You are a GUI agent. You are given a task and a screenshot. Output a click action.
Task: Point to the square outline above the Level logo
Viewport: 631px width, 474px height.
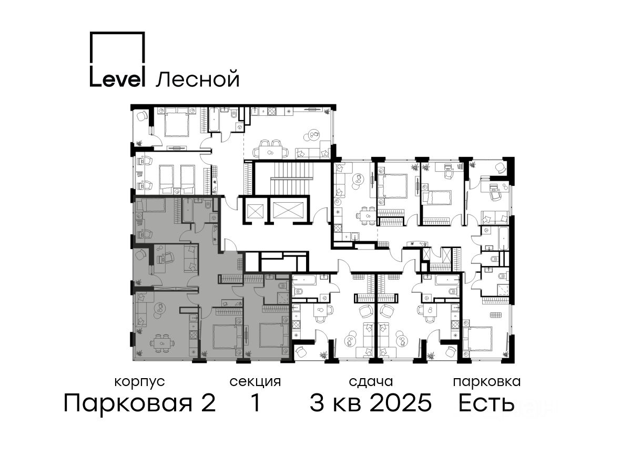(x=117, y=47)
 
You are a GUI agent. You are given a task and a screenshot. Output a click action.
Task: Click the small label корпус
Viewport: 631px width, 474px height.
(x=139, y=382)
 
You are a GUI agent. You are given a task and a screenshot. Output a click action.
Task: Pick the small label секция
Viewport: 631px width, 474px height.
(x=255, y=382)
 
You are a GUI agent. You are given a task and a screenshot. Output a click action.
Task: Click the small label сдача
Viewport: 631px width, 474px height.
(x=371, y=382)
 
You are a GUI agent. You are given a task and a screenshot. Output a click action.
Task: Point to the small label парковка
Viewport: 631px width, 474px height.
(x=487, y=382)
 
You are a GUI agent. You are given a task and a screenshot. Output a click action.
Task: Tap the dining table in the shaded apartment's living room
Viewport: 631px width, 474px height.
(x=162, y=343)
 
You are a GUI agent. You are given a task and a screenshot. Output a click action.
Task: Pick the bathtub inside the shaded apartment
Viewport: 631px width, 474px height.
(x=187, y=210)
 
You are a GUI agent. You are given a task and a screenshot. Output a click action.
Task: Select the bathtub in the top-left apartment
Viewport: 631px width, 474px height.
(x=214, y=120)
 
